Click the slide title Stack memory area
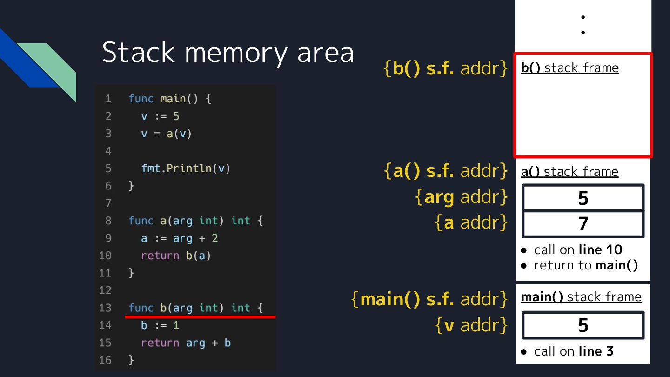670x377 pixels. [x=228, y=52]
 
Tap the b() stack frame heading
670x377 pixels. [x=569, y=68]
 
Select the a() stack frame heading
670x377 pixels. [x=569, y=172]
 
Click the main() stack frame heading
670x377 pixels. [x=581, y=297]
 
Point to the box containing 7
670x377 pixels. [x=583, y=224]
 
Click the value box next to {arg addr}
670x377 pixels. [x=583, y=198]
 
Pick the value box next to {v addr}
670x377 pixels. [x=583, y=325]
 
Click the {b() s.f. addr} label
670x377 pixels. [x=446, y=68]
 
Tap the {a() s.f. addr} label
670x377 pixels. [x=446, y=171]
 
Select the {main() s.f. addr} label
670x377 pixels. [x=429, y=299]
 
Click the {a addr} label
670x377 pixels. [x=471, y=223]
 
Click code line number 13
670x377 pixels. [x=106, y=308]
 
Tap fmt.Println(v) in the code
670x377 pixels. [x=186, y=168]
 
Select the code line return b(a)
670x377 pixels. [x=176, y=256]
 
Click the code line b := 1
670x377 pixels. [x=160, y=325]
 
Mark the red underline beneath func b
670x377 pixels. [x=201, y=317]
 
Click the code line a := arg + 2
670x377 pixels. [x=180, y=238]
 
